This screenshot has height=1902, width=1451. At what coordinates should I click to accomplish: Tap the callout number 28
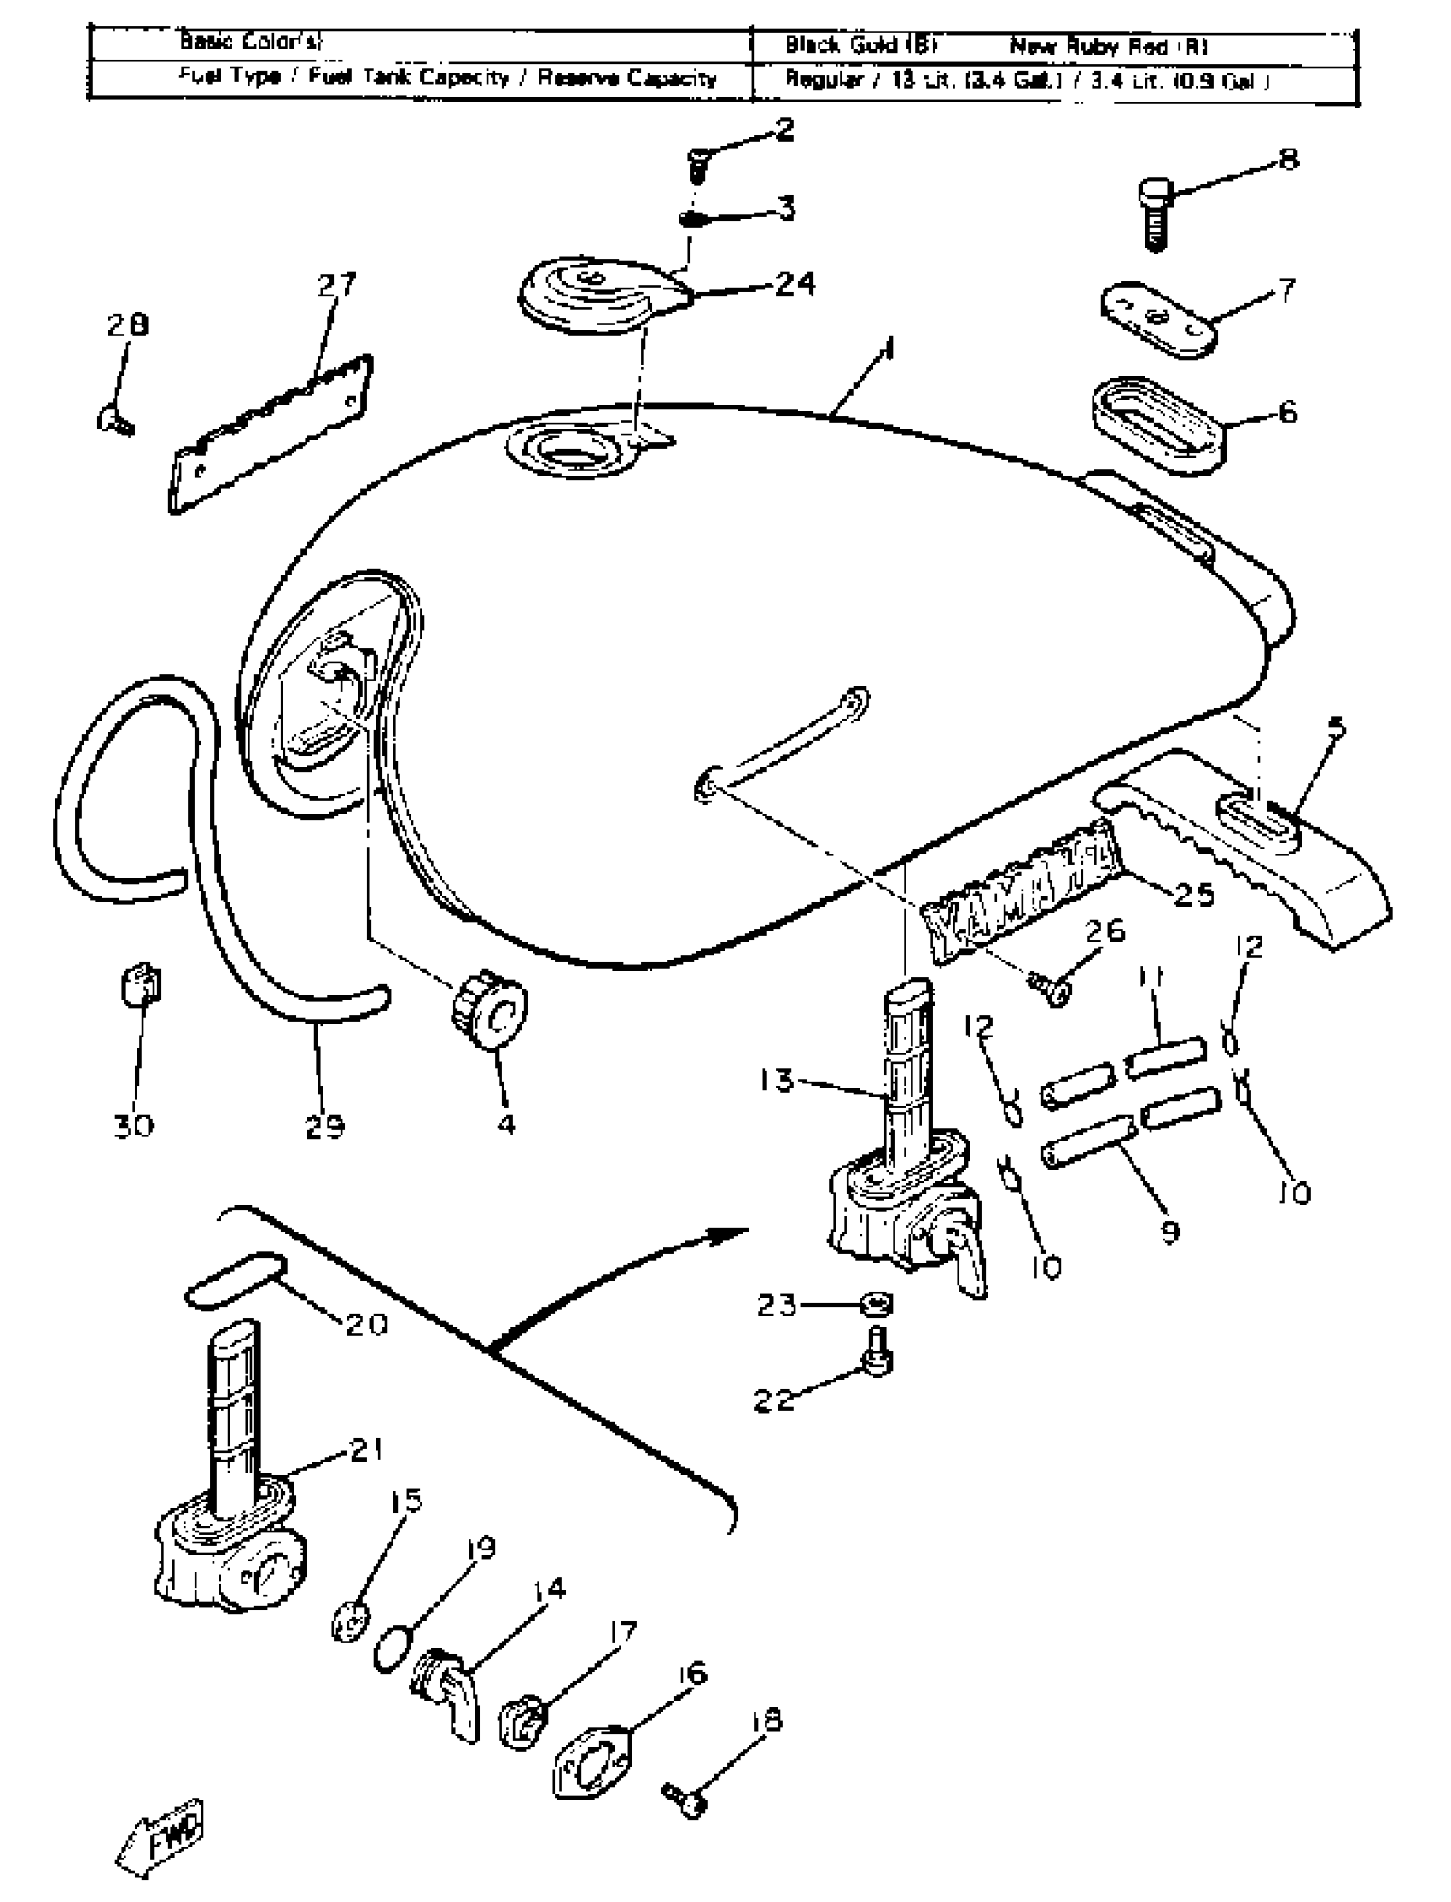point(128,324)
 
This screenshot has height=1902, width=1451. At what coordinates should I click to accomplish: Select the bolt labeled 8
point(1155,213)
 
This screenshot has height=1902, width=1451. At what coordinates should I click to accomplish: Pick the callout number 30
point(134,1125)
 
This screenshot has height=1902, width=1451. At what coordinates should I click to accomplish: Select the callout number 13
point(777,1080)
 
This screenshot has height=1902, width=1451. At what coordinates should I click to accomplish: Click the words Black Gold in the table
point(860,45)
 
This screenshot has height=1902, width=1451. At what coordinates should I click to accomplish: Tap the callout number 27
point(336,284)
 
